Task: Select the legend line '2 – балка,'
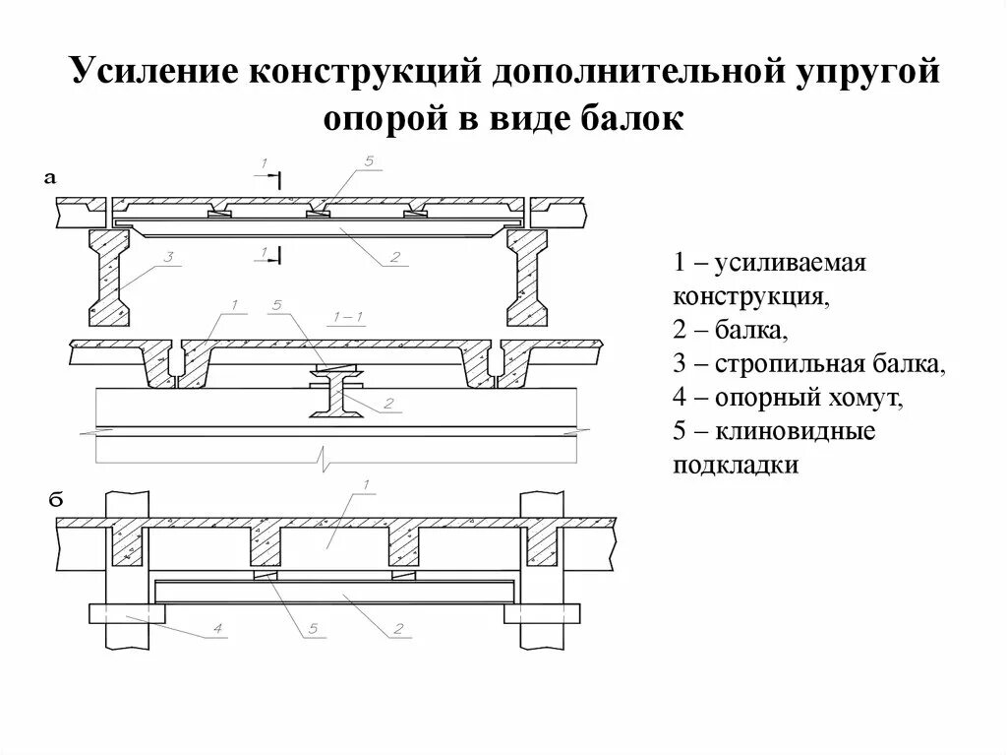(729, 330)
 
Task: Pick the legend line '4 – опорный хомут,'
(787, 398)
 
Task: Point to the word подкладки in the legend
(736, 466)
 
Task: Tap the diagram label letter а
(52, 178)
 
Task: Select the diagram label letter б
(56, 501)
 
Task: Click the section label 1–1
(349, 317)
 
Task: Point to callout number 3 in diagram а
(168, 258)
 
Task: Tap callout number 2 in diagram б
(397, 628)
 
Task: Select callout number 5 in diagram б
(313, 628)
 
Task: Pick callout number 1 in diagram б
(365, 484)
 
